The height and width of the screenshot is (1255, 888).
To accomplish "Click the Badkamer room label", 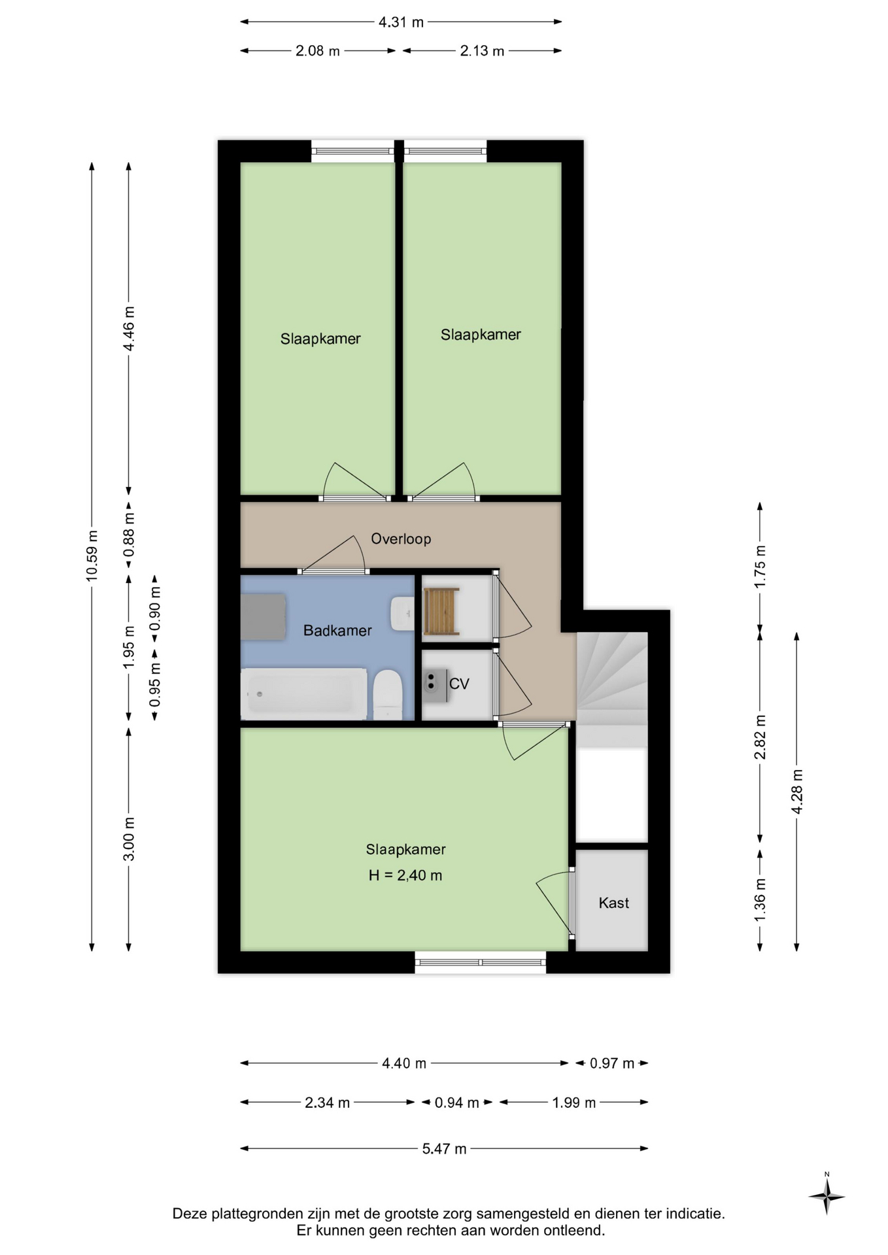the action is coord(337,631).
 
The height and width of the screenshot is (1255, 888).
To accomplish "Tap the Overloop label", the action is coord(401,539).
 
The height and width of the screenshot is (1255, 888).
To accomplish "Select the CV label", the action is coord(459,684).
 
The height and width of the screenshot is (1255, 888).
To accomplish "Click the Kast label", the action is coord(614,903).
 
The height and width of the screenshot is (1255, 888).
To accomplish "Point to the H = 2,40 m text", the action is coord(405,875).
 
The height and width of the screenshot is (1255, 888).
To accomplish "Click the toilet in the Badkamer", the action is coord(387,694).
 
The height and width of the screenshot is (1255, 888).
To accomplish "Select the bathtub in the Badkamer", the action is coord(304,694).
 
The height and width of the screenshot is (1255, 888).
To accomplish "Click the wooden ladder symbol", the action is coord(441,611).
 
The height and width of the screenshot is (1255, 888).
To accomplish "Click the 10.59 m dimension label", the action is coord(92,556).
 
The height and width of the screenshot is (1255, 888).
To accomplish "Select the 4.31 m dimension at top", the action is coord(401,22).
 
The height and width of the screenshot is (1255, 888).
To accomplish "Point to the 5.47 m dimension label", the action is coord(444,1148).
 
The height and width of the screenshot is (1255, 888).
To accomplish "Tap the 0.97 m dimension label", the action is coord(612,1063).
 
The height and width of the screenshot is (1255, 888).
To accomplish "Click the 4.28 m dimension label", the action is coord(797,792).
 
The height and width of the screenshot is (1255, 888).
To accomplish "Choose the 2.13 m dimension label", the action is coord(482,51).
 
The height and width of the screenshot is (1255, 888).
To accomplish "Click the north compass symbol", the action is coord(827,1196).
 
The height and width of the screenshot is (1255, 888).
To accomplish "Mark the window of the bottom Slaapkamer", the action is coord(481,962).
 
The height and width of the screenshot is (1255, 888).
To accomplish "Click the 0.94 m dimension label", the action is coord(457,1103).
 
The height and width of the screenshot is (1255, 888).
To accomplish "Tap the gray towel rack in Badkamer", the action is coord(263,616).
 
